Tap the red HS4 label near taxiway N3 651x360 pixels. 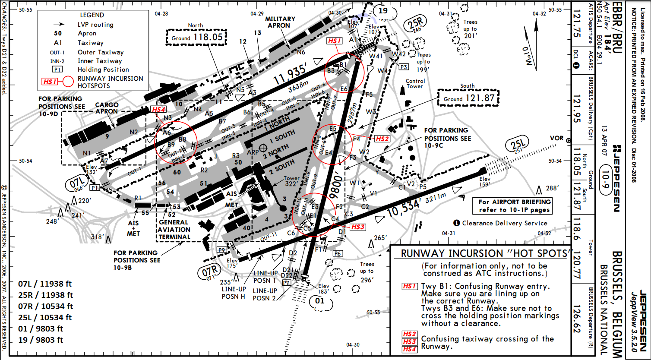tap(158, 109)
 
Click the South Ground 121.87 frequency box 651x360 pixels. tap(468, 98)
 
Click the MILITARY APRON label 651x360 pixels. tap(280, 22)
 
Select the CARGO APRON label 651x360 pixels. tap(106, 108)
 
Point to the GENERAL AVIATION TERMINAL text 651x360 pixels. tap(174, 230)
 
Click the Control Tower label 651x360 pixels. tap(415, 84)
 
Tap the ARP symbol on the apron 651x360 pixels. tap(262, 148)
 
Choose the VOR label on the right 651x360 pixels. tap(556, 138)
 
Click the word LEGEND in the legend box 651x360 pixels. tap(92, 15)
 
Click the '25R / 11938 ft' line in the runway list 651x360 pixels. tap(46, 295)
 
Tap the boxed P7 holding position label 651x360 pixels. tap(286, 282)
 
